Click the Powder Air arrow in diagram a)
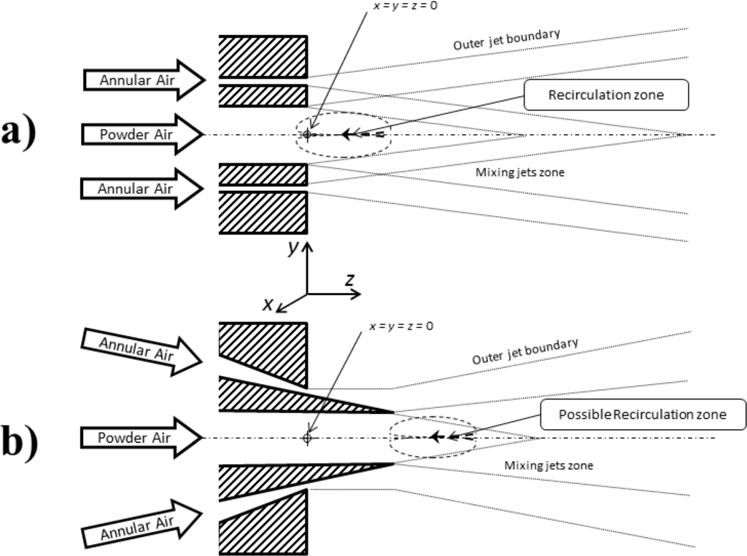coord(139,135)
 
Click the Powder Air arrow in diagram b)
coord(139,438)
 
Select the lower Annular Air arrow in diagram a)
coord(139,189)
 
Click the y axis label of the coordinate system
coord(293,248)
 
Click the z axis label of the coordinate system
coord(350,280)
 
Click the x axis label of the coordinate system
coord(268,304)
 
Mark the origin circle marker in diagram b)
coord(307,438)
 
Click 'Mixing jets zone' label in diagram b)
coord(547,465)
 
